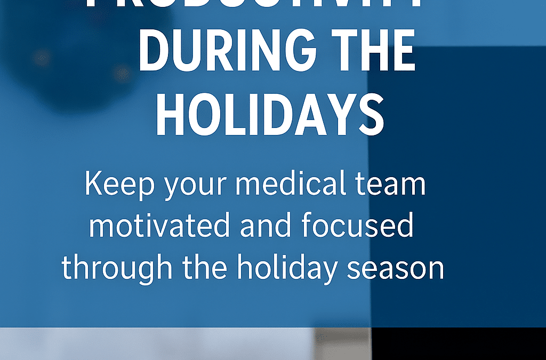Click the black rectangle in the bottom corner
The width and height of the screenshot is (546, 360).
pos(459,343)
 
